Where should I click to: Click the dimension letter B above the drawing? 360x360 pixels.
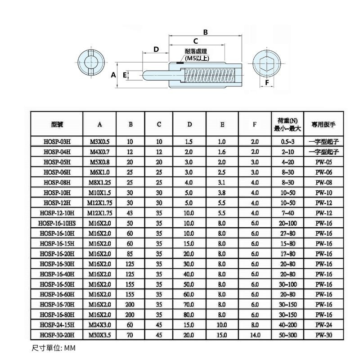pyautogui.click(x=205, y=32)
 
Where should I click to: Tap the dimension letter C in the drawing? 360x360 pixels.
pyautogui.click(x=196, y=41)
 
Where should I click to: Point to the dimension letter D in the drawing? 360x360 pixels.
pyautogui.click(x=156, y=49)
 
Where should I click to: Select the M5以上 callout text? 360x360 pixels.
pyautogui.click(x=197, y=58)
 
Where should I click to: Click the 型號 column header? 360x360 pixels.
pyautogui.click(x=57, y=124)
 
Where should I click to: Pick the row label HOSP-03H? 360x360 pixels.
pyautogui.click(x=57, y=141)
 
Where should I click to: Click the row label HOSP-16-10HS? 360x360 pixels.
pyautogui.click(x=57, y=223)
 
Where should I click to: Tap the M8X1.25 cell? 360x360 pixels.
pyautogui.click(x=100, y=182)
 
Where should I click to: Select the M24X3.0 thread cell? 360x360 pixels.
pyautogui.click(x=100, y=324)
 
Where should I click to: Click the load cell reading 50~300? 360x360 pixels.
pyautogui.click(x=287, y=335)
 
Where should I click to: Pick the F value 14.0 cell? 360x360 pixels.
pyautogui.click(x=255, y=335)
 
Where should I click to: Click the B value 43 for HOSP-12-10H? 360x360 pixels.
pyautogui.click(x=130, y=212)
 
